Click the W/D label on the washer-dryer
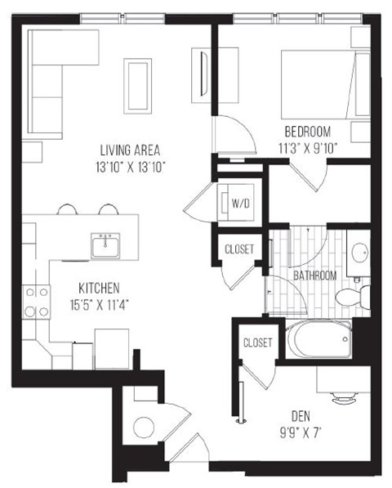[239, 202]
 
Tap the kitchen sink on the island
[105, 244]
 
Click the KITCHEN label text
[100, 288]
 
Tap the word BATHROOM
[315, 275]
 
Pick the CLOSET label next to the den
[257, 342]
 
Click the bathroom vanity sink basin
[359, 253]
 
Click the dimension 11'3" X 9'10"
[307, 149]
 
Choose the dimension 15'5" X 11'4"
[100, 304]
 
